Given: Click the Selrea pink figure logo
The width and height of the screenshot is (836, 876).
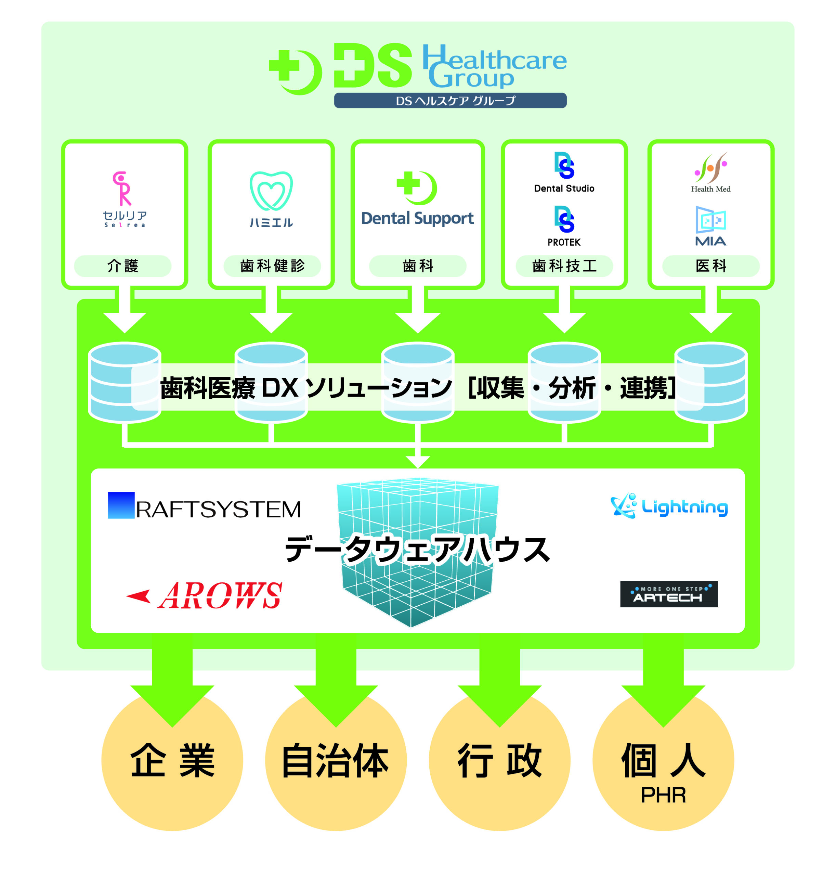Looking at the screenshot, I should coord(122,188).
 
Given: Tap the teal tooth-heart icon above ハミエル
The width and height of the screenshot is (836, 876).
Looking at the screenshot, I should coord(271,191).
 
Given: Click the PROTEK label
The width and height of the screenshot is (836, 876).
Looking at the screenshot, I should coord(564,242).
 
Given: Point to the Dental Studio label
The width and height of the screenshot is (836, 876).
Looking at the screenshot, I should coord(564,188).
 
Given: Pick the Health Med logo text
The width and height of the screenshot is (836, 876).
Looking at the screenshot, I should coord(710,189).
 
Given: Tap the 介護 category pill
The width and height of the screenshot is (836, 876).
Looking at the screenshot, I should coord(122,266).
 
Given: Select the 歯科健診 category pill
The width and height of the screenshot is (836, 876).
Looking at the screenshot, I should coord(272,266).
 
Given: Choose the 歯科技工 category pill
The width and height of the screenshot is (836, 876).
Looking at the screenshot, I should coord(564,266).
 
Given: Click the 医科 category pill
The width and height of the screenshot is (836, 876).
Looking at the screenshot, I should coord(711,266).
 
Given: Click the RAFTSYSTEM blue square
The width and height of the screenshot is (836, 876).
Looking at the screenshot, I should coord(121,505).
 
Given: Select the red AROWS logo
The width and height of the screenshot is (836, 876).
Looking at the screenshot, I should coord(204,596).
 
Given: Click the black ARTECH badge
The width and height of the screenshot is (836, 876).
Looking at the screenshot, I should coord(668,594).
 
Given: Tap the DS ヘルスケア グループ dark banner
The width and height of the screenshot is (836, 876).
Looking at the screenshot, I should coord(450,100).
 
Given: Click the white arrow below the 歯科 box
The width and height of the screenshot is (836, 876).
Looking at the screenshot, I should coord(418,312).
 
